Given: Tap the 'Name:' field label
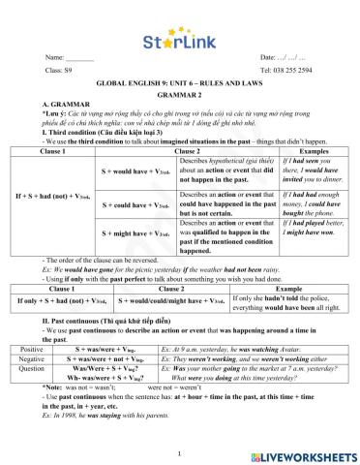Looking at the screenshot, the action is [x=55, y=59].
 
